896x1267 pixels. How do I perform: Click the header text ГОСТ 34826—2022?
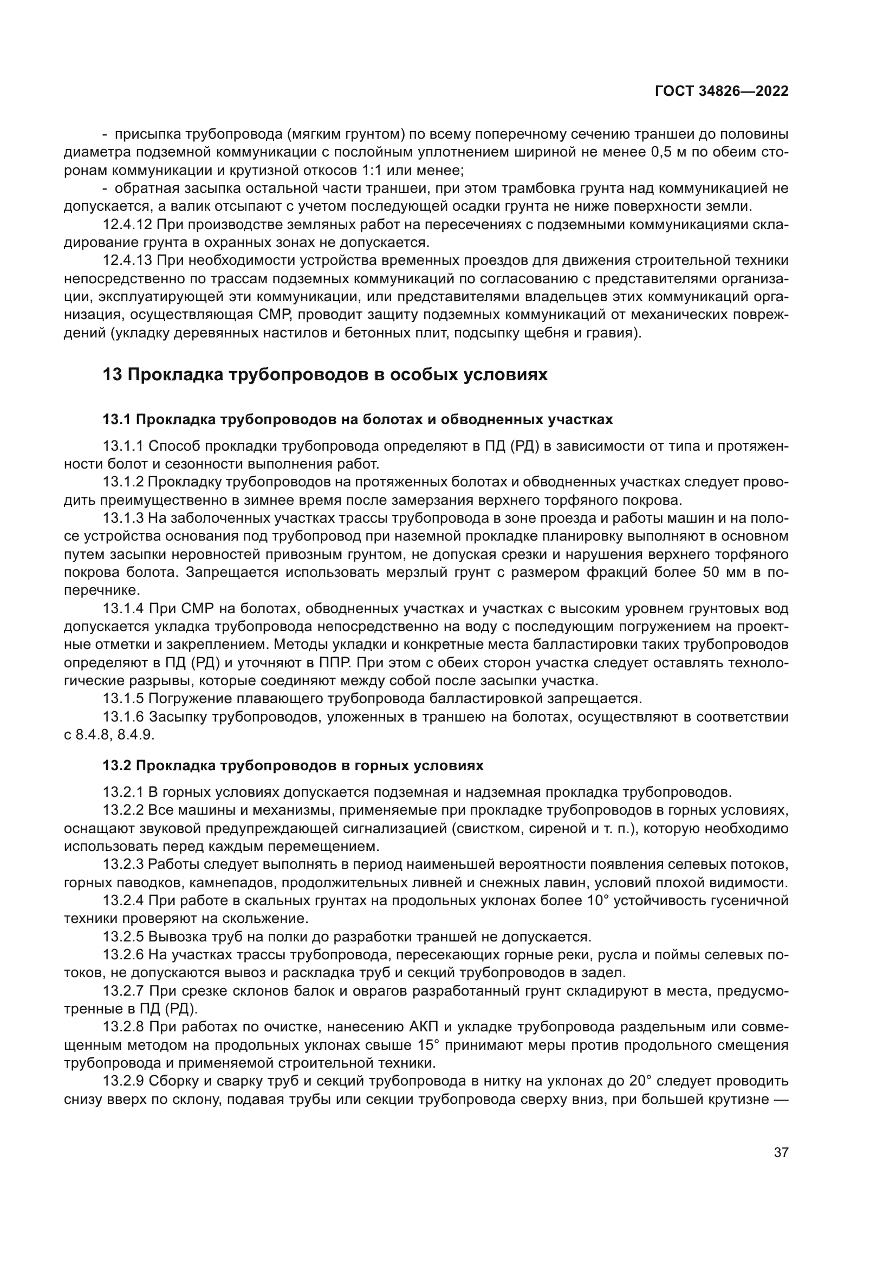point(721,91)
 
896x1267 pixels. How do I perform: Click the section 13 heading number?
point(112,375)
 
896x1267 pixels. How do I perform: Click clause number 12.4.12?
point(127,225)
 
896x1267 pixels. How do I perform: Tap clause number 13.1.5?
point(123,699)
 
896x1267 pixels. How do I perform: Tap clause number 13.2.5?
point(124,937)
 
